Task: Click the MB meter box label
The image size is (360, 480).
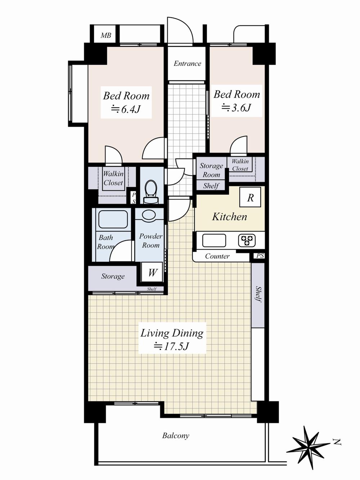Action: [106, 36]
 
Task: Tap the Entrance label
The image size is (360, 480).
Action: [187, 64]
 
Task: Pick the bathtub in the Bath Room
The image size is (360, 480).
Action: [113, 219]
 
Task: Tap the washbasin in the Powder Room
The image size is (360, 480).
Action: [149, 215]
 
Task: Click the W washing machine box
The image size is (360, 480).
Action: [152, 273]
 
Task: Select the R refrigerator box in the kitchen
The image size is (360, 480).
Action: [250, 197]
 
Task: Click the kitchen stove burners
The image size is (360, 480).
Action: [247, 240]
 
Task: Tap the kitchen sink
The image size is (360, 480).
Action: [214, 240]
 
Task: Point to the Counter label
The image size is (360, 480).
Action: [217, 256]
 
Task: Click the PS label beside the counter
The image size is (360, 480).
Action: [260, 256]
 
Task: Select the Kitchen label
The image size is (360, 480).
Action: [230, 217]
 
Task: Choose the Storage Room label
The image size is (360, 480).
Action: [211, 170]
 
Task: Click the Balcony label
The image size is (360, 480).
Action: [176, 436]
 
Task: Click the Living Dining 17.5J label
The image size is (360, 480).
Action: [172, 339]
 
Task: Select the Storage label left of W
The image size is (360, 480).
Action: [113, 276]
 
